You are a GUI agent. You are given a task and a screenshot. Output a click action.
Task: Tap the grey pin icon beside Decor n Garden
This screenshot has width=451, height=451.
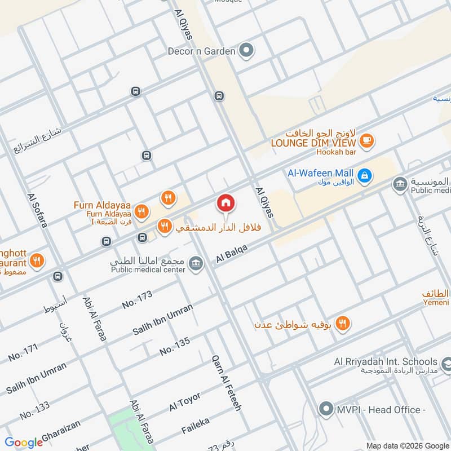[245, 51]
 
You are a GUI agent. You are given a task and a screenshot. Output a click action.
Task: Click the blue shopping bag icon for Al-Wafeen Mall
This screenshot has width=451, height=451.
[365, 175]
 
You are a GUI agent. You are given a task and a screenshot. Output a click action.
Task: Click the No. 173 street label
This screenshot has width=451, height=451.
[137, 300]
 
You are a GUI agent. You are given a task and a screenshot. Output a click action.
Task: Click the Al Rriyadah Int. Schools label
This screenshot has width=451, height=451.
[385, 361]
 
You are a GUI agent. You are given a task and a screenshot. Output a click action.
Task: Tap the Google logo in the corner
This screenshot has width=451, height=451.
[24, 443]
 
